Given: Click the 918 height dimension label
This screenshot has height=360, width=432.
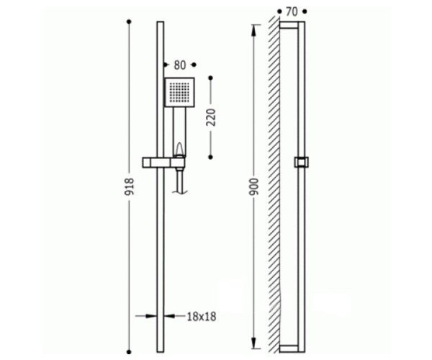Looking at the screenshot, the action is tap(129, 186).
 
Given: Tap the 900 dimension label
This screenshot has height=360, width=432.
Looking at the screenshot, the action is tap(254, 186).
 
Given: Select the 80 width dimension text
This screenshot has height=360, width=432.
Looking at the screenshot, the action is tap(180, 66).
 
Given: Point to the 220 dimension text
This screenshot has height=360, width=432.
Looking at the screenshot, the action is tap(211, 117).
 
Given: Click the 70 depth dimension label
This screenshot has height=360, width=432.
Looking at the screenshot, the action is tap(292, 12).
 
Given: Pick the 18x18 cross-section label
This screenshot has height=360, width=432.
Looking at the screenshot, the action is tap(202, 317).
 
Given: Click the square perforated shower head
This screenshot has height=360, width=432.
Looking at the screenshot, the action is tap(179, 92).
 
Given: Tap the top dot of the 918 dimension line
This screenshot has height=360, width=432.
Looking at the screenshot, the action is tap(129, 22).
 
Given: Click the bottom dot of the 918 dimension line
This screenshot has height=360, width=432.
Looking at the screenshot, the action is tap(129, 352).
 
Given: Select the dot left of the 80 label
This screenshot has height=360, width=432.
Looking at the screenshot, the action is tap(166, 65).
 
